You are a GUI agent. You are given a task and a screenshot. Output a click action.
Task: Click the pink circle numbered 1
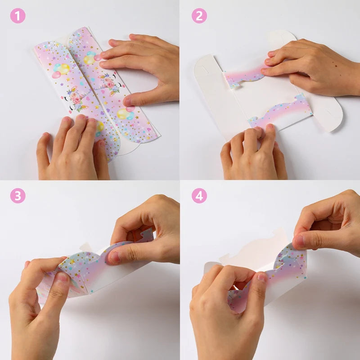click(18, 16)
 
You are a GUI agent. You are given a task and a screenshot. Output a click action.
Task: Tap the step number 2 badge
click(199, 16)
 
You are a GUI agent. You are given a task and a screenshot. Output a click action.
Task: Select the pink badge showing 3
click(18, 196)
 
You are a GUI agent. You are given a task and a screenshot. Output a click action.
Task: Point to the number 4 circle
click(199, 196)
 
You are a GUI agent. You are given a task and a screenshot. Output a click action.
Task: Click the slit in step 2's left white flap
click(205, 70)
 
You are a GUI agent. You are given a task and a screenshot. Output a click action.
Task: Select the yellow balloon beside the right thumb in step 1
click(123, 114)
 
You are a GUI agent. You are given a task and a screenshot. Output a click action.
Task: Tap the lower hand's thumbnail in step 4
click(262, 277)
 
